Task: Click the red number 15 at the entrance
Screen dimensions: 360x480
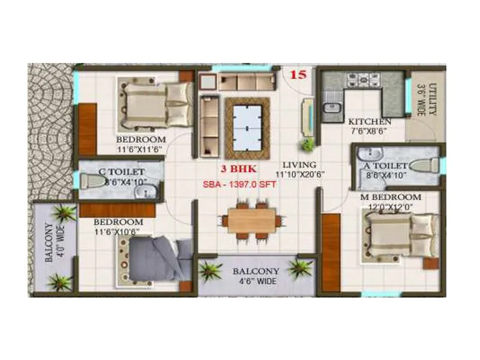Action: point(298,75)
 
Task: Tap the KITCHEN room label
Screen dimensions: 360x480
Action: point(370,121)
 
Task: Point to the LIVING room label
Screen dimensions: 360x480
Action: point(300,164)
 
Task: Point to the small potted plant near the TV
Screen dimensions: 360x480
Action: point(308,145)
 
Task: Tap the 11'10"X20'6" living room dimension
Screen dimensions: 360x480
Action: point(299,175)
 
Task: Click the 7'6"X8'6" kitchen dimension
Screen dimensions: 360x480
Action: point(370,131)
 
